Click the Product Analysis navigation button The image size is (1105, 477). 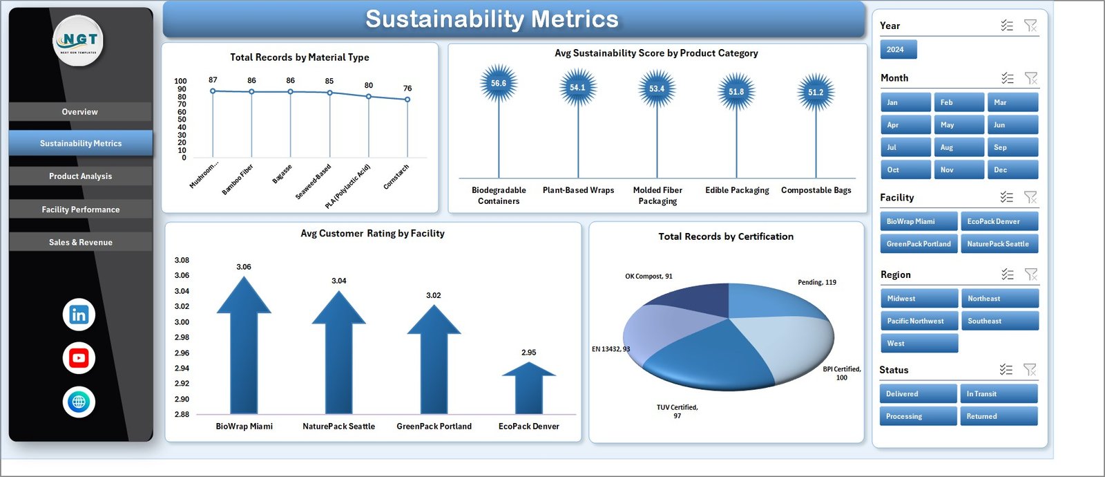(x=80, y=176)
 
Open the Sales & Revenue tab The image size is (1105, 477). (x=80, y=242)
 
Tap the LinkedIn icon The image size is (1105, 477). (x=79, y=315)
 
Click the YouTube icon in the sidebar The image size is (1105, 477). (x=79, y=358)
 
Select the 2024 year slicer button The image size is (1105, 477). (x=898, y=50)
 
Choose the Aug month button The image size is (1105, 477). (x=959, y=147)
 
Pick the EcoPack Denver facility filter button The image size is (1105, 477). (x=999, y=221)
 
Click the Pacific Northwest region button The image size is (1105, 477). (x=919, y=321)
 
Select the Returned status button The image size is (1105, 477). (x=998, y=416)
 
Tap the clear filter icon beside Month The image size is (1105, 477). (x=1030, y=78)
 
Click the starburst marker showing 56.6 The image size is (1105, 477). (x=499, y=84)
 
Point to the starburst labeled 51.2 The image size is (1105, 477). (x=816, y=92)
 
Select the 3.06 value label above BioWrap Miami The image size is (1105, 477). (x=244, y=267)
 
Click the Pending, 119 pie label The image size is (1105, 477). (x=816, y=282)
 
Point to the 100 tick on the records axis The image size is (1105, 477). (x=180, y=81)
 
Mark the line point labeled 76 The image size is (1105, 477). (x=407, y=100)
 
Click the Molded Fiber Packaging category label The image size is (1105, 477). (x=657, y=196)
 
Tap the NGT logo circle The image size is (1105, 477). (x=79, y=41)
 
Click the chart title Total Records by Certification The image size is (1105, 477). (x=726, y=236)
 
